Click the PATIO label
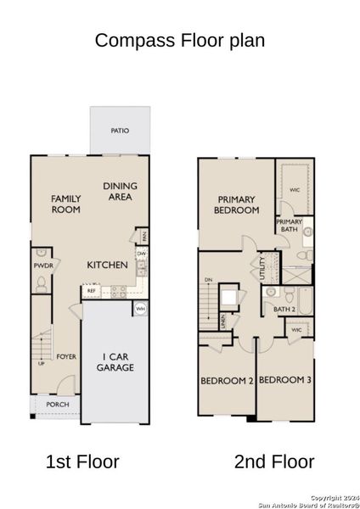click(x=120, y=131)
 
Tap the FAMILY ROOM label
click(x=66, y=203)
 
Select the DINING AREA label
click(x=120, y=191)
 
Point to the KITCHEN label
click(x=108, y=266)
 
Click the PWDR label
click(x=42, y=266)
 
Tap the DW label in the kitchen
click(x=140, y=253)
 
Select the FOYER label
click(x=67, y=356)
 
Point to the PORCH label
click(x=58, y=405)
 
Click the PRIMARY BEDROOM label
click(x=236, y=204)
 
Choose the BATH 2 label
click(x=273, y=310)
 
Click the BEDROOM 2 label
click(x=227, y=381)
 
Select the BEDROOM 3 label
click(x=285, y=381)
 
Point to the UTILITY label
click(x=263, y=271)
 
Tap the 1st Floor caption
click(x=82, y=462)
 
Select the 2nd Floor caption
click(x=274, y=462)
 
